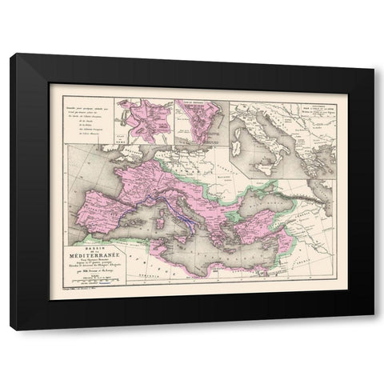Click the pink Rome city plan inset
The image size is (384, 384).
tap(143, 121)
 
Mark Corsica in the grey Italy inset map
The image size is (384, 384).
tap(241, 129)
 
